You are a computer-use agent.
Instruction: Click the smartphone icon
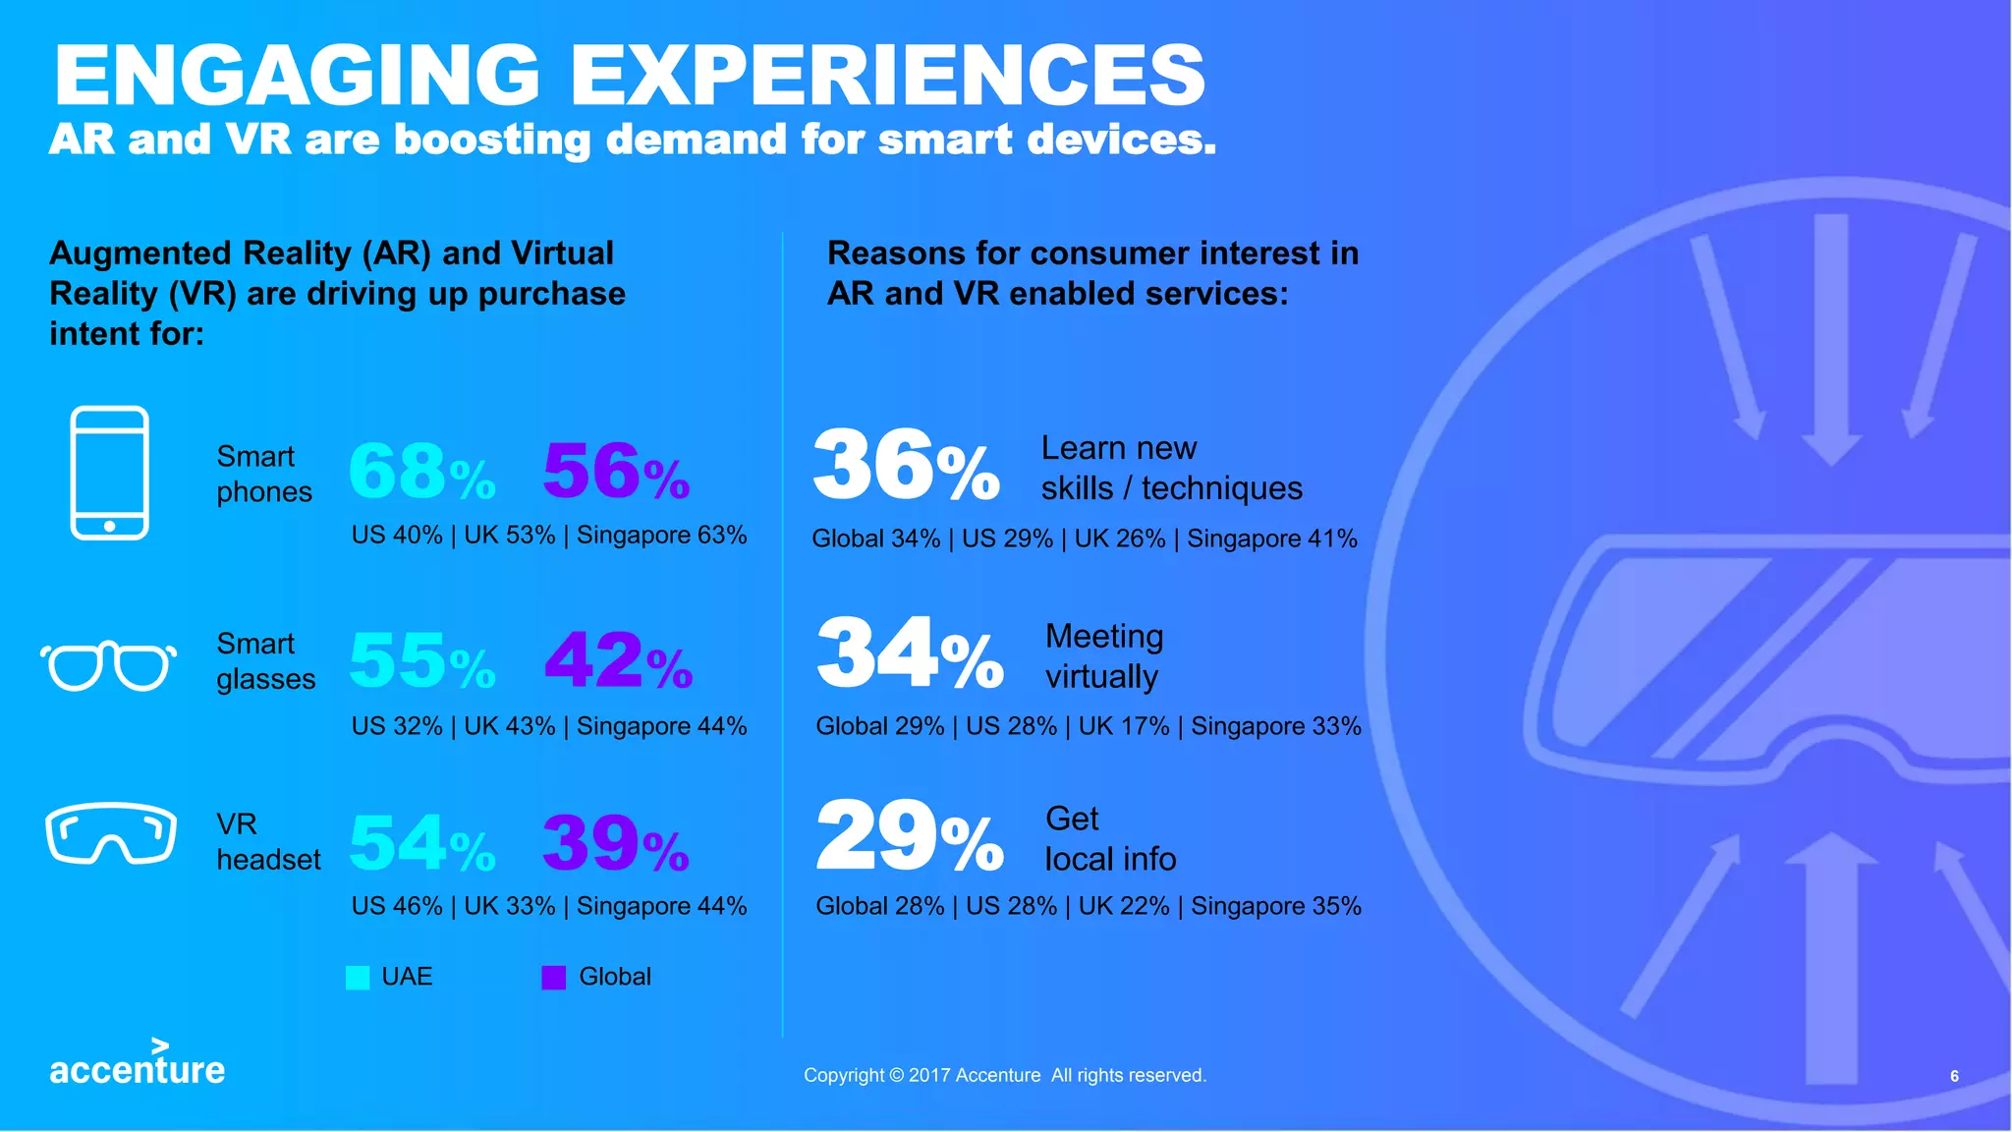pyautogui.click(x=109, y=473)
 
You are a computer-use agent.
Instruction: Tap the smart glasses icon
pyautogui.click(x=108, y=666)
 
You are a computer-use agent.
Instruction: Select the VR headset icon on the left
pyautogui.click(x=110, y=834)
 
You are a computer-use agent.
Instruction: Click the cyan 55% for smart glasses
pyautogui.click(x=421, y=661)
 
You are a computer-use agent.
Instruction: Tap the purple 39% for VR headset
pyautogui.click(x=616, y=844)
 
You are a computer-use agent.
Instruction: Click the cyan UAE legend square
pyautogui.click(x=358, y=978)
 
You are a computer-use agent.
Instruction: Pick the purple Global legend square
pyautogui.click(x=553, y=978)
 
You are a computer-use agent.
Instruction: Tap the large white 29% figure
pyautogui.click(x=909, y=837)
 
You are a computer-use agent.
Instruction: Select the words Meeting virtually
pyautogui.click(x=1103, y=656)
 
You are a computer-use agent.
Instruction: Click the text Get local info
pyautogui.click(x=1109, y=839)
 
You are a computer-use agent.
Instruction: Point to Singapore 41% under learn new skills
pyautogui.click(x=1272, y=538)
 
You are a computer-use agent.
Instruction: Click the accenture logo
pyautogui.click(x=137, y=1065)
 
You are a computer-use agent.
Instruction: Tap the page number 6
pyautogui.click(x=1954, y=1076)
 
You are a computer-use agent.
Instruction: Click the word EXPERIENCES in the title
pyautogui.click(x=887, y=76)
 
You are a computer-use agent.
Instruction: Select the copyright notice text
pyautogui.click(x=1004, y=1075)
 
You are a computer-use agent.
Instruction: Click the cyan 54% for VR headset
pyautogui.click(x=421, y=844)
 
